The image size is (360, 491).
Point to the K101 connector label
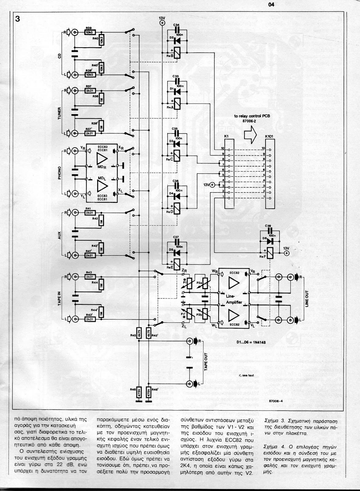(x=269, y=136)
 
